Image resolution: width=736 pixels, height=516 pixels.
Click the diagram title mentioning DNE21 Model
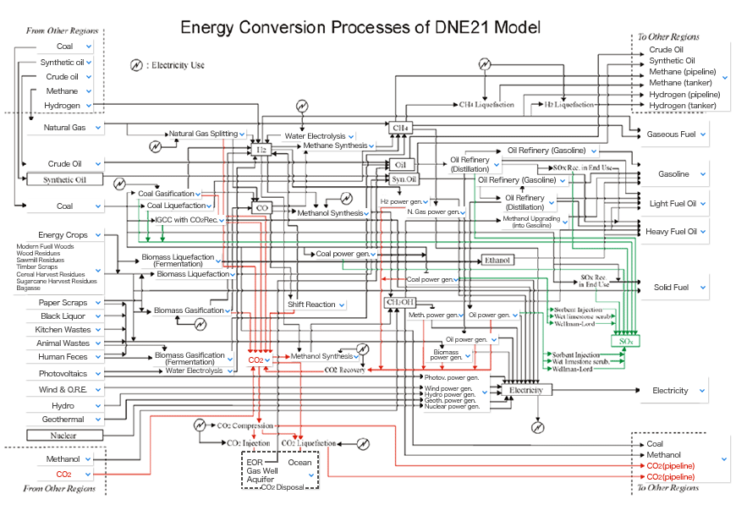pyautogui.click(x=360, y=27)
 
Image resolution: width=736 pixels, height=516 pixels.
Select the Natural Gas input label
pyautogui.click(x=67, y=128)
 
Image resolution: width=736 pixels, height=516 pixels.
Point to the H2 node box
pyautogui.click(x=262, y=149)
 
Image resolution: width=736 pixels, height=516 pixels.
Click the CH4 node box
pyautogui.click(x=401, y=128)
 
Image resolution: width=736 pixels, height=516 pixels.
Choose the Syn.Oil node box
pyautogui.click(x=404, y=179)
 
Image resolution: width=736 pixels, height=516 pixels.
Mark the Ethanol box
pyautogui.click(x=497, y=260)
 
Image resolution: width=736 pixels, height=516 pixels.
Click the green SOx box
pyautogui.click(x=627, y=340)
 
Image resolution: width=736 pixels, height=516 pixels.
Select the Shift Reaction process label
pyautogui.click(x=312, y=305)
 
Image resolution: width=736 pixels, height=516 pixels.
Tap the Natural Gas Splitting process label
pyautogui.click(x=203, y=134)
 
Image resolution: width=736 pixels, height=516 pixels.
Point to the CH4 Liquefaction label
pyautogui.click(x=486, y=105)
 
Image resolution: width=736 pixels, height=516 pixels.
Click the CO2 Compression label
pyautogui.click(x=246, y=425)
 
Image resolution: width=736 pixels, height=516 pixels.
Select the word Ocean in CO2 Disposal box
pyautogui.click(x=299, y=463)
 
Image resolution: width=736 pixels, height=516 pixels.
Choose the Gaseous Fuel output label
pyautogui.click(x=672, y=134)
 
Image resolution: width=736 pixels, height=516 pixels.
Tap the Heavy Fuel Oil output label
pyautogui.click(x=673, y=231)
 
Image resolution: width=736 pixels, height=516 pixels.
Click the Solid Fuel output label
pyautogui.click(x=671, y=288)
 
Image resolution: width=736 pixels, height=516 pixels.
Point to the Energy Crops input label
pyautogui.click(x=63, y=234)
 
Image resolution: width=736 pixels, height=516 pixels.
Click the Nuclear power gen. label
pyautogui.click(x=452, y=407)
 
